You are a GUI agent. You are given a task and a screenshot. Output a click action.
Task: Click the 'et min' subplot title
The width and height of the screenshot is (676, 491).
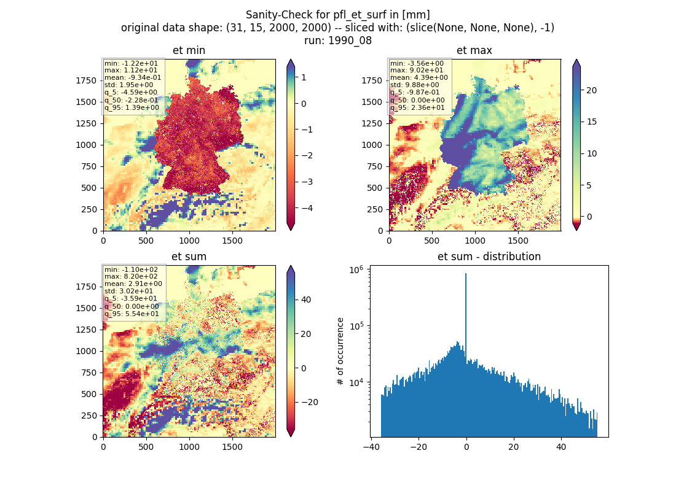189,50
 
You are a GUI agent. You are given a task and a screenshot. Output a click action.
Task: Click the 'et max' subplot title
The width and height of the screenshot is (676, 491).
474,50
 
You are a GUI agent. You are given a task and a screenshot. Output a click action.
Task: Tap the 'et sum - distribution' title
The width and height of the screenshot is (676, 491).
489,257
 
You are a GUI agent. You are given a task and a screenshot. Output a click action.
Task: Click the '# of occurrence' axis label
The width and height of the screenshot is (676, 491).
340,352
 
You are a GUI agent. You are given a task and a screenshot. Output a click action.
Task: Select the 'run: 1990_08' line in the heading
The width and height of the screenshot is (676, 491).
337,41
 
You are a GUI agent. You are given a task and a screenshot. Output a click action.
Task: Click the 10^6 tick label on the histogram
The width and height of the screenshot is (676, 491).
356,269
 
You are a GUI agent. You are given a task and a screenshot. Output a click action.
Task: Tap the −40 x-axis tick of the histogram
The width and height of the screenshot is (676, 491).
371,447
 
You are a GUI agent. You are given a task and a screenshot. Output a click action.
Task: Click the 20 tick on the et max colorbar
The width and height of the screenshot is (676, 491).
591,90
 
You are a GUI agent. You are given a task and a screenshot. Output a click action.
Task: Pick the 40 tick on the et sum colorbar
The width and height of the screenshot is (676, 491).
306,300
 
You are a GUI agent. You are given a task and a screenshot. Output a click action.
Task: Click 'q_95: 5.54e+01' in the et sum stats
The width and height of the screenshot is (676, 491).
132,314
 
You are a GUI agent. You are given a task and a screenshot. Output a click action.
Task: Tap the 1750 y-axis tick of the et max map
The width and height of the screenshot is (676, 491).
372,80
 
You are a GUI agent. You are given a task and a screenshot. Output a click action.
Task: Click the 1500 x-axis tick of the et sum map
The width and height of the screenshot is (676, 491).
232,447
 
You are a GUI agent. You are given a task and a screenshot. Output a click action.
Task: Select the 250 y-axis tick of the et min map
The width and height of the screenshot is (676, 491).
89,209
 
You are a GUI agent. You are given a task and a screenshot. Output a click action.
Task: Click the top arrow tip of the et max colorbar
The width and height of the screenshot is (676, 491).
576,60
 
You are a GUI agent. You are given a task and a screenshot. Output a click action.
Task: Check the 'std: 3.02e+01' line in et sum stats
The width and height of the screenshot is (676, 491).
128,291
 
